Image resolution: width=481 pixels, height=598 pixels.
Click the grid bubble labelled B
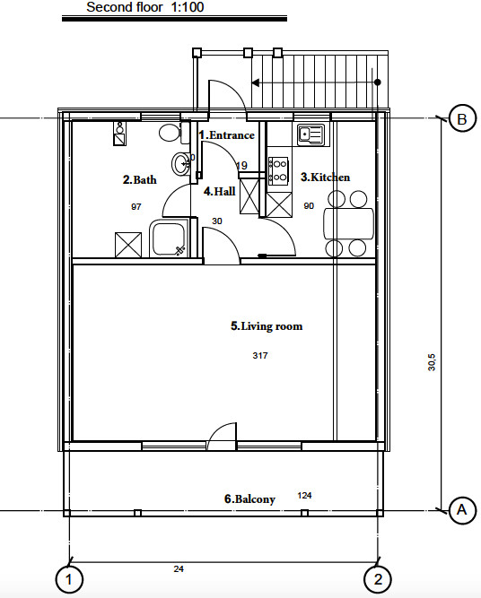pos(462,118)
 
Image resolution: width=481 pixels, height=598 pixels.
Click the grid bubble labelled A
pos(462,510)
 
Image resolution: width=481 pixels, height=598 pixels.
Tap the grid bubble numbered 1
pos(69,580)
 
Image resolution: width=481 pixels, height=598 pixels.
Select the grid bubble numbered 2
pos(378,580)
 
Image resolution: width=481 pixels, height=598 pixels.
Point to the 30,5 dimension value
pos(432,362)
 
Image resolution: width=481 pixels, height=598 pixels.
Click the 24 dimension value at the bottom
pos(179,569)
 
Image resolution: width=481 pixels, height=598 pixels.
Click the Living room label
pos(267,326)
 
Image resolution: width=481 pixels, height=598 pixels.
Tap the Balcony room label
pos(249,498)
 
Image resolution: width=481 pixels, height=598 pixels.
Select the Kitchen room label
pos(325,177)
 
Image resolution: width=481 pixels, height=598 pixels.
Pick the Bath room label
pos(140,179)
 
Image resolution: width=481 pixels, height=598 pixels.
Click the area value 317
pos(260,355)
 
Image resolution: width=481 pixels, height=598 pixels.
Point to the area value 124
pos(304,496)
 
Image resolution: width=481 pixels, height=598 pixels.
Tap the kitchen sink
pos(310,135)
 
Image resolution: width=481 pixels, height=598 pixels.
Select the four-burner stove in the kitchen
pos(278,170)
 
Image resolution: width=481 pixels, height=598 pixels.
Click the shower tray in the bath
pos(169,238)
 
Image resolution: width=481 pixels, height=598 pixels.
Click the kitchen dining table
pos(348,223)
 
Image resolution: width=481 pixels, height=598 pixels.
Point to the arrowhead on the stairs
pos(256,82)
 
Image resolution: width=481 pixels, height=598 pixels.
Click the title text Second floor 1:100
pos(145,7)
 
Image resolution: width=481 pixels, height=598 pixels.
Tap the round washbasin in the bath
pos(180,164)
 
